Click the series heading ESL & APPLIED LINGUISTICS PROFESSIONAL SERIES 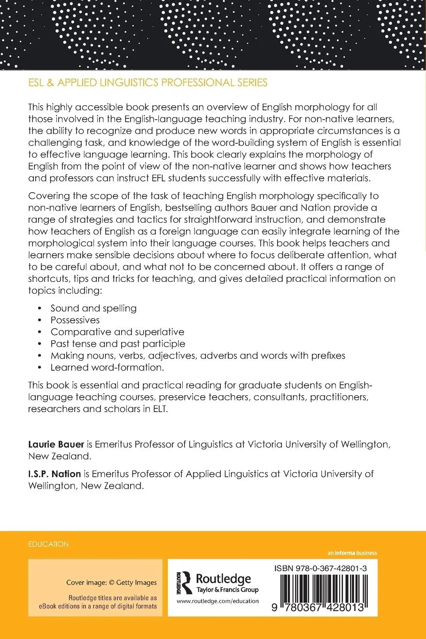pos(147,83)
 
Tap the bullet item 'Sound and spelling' pos(93,308)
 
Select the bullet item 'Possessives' pos(75,320)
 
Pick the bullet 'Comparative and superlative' pos(117,332)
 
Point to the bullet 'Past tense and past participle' pos(118,343)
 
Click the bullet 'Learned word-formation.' pos(107,367)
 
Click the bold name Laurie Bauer pos(56,444)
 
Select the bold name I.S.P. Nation pos(54,474)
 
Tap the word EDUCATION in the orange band pos(48,544)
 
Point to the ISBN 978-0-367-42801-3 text pos(321,568)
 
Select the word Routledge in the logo pos(223,578)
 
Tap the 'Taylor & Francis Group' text pos(227,590)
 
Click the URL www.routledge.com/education pos(218,601)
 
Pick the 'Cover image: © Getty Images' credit pos(111,583)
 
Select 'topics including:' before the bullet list pos(65,290)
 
